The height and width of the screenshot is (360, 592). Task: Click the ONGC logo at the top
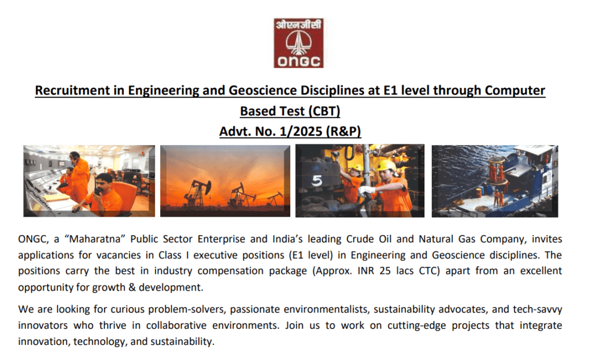(x=299, y=43)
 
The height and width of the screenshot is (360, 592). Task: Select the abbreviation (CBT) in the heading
(x=324, y=112)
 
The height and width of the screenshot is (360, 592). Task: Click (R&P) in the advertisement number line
(x=343, y=131)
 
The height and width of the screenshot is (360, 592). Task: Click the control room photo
(x=89, y=181)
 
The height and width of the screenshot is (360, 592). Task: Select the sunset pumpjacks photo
(x=225, y=181)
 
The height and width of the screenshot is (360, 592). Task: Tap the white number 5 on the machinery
(x=317, y=181)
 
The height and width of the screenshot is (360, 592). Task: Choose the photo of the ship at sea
(x=495, y=181)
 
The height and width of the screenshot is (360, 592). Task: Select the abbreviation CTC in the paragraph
(x=430, y=271)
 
